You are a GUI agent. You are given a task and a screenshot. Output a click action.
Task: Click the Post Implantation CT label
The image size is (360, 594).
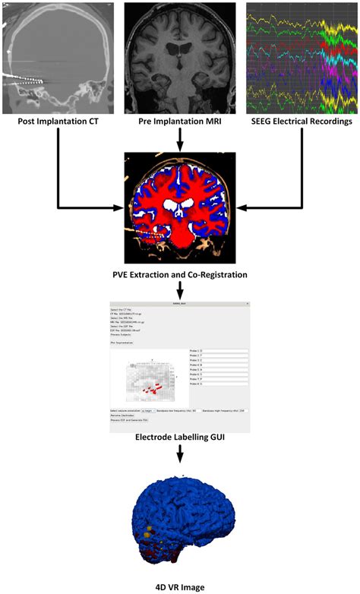click(58, 121)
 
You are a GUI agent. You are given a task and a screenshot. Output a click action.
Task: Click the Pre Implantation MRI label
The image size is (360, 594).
click(179, 121)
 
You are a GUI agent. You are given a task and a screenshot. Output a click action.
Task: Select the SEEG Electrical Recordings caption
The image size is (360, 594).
click(302, 121)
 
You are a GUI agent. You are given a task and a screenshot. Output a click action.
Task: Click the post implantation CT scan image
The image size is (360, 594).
click(58, 57)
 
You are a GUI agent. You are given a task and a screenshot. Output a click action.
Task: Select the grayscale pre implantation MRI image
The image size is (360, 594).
click(179, 57)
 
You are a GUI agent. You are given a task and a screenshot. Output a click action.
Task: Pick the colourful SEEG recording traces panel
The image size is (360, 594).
click(302, 57)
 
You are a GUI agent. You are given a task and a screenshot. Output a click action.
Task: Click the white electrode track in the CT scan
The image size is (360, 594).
click(23, 78)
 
